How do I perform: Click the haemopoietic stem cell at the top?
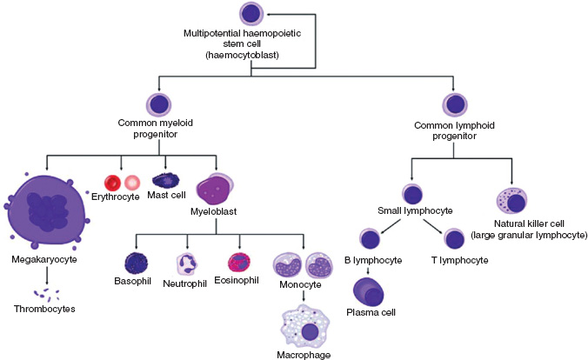pyautogui.click(x=251, y=14)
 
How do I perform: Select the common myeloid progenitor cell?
pyautogui.click(x=159, y=104)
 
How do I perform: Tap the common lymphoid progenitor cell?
pyautogui.click(x=454, y=104)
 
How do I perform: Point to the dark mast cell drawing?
pyautogui.click(x=166, y=181)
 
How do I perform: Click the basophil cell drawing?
pyautogui.click(x=137, y=263)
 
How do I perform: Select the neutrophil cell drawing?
pyautogui.click(x=188, y=263)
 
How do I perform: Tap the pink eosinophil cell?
pyautogui.click(x=239, y=263)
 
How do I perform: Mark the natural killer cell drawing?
pyautogui.click(x=514, y=203)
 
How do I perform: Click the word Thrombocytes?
pyautogui.click(x=43, y=308)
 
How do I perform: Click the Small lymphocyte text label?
pyautogui.click(x=412, y=210)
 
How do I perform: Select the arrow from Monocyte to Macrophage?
pyautogui.click(x=302, y=296)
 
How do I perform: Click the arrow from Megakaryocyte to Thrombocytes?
pyautogui.click(x=48, y=275)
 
